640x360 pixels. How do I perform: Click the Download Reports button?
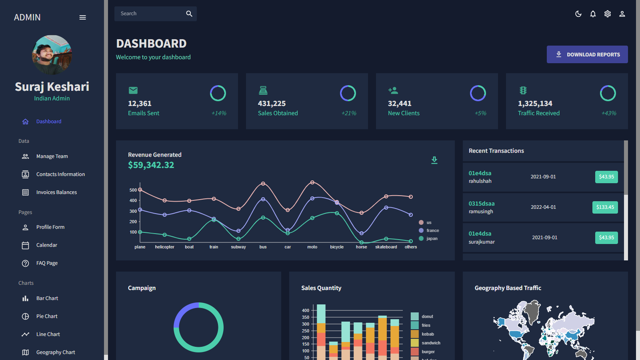click(587, 54)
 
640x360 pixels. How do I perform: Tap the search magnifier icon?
click(189, 14)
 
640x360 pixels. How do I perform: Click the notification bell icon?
click(593, 14)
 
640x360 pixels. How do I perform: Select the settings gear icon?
click(608, 14)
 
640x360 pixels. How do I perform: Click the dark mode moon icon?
click(578, 14)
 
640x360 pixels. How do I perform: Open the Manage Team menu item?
click(52, 156)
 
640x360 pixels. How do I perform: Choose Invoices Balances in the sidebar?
click(56, 192)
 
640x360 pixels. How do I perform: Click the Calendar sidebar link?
click(47, 245)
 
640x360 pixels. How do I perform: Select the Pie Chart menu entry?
click(47, 316)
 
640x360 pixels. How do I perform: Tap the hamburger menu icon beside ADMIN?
click(83, 18)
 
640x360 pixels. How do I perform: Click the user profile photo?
click(52, 55)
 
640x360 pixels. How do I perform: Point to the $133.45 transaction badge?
click(605, 207)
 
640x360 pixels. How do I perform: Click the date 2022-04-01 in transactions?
click(543, 207)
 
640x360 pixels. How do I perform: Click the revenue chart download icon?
click(434, 160)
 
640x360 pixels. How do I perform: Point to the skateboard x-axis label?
click(386, 247)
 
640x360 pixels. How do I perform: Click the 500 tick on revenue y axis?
click(133, 190)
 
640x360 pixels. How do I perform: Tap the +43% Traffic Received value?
click(609, 113)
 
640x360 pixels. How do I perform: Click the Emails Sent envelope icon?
click(133, 90)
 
